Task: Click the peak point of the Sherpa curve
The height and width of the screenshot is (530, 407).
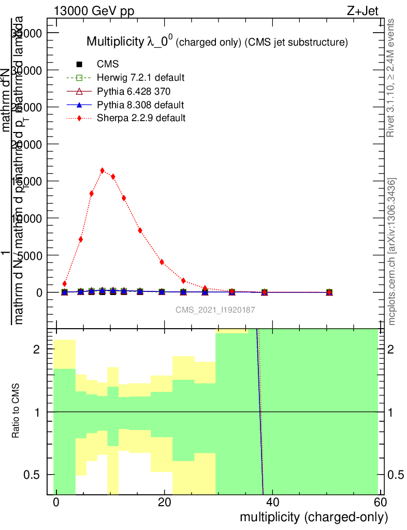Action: click(102, 170)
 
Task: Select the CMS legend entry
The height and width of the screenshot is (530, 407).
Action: click(108, 64)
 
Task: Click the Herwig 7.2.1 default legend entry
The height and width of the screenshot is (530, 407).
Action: click(140, 78)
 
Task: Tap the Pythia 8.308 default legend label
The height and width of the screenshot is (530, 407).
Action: click(140, 105)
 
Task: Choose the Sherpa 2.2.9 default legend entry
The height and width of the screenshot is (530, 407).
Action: click(141, 118)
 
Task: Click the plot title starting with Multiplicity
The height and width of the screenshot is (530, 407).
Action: click(216, 42)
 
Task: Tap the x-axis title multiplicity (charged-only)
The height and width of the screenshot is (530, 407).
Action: click(313, 517)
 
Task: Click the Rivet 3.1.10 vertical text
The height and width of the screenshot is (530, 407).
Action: click(391, 78)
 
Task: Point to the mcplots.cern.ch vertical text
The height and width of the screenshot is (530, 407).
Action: click(392, 252)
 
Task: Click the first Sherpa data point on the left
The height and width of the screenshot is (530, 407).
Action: click(65, 284)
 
